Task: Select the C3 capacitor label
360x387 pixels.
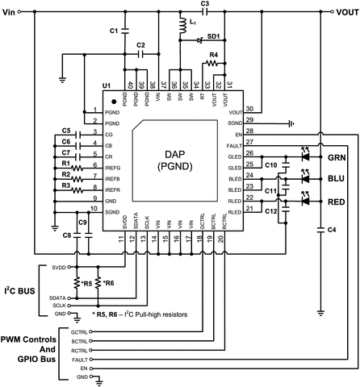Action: pos(205,5)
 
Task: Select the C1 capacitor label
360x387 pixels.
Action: pos(113,30)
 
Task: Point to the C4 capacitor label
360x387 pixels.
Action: pos(333,231)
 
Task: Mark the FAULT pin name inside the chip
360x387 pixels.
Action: pos(235,143)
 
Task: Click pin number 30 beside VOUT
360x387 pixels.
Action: pos(249,107)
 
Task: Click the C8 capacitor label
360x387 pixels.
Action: pos(66,235)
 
